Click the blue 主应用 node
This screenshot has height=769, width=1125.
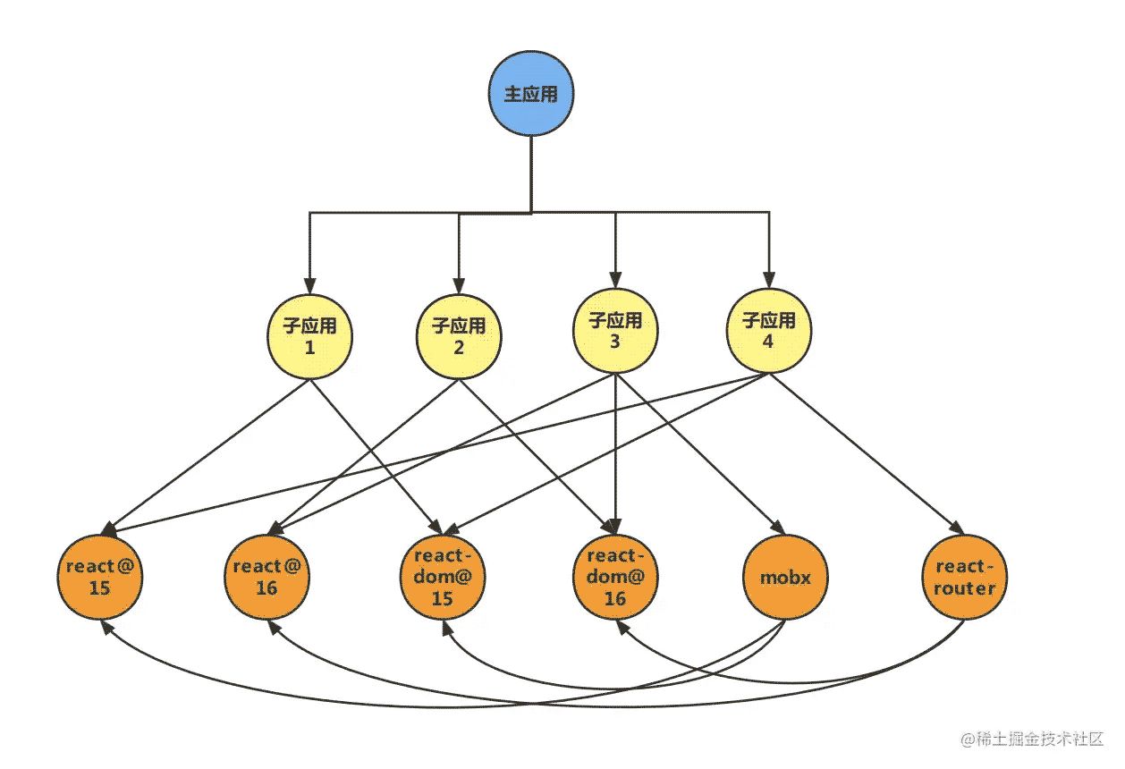coord(531,94)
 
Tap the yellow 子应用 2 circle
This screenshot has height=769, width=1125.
coord(459,336)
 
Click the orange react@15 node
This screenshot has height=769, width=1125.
coord(103,577)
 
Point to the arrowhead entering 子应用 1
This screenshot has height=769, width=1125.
coord(310,287)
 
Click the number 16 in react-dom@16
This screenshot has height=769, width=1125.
coord(615,599)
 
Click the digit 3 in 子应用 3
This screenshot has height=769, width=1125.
coord(615,341)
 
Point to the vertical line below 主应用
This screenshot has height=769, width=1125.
coord(531,174)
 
